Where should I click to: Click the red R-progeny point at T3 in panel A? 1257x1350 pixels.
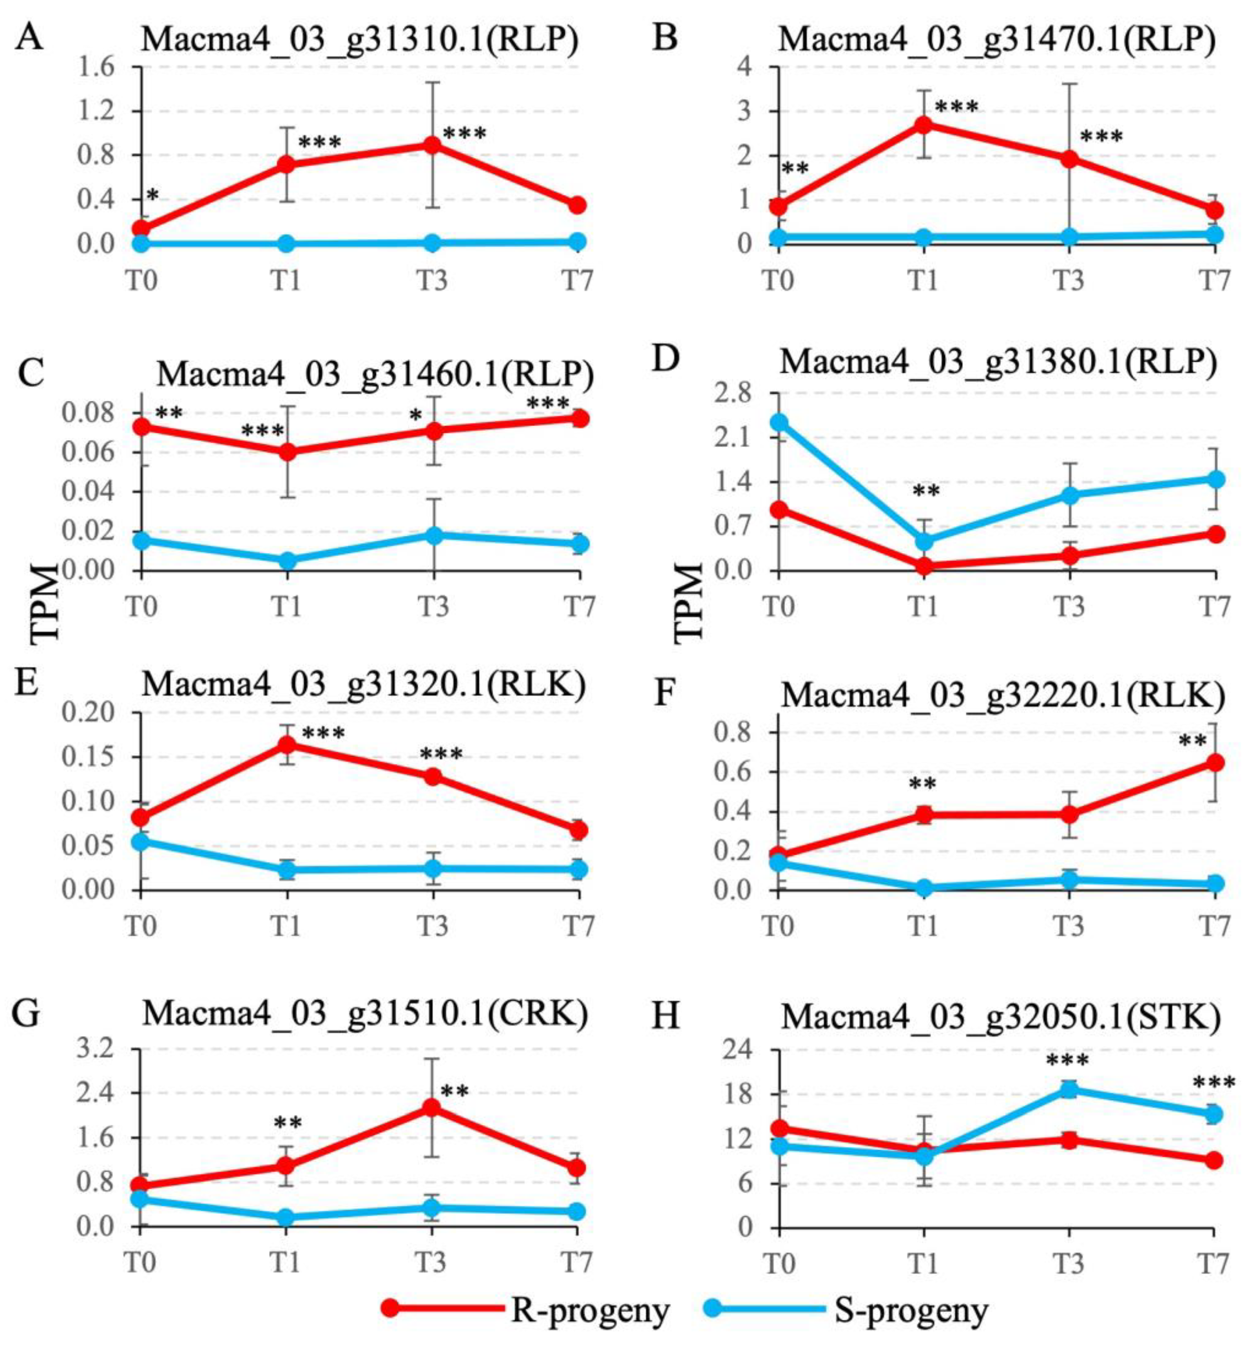(x=433, y=145)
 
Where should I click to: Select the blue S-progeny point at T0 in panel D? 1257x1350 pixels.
(x=779, y=422)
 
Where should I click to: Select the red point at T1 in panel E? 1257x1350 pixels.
(x=287, y=744)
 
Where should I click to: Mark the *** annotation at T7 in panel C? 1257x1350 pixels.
(x=548, y=405)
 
